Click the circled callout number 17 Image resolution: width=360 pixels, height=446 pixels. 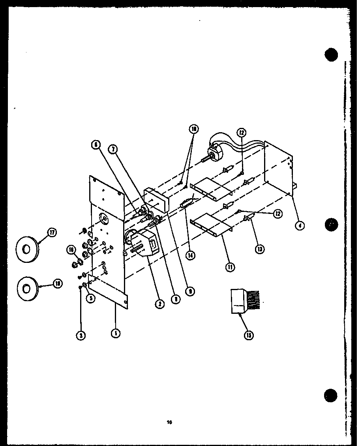coord(51,233)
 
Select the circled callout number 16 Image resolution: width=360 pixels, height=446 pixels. coord(71,249)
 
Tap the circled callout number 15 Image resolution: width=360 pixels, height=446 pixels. coord(249,335)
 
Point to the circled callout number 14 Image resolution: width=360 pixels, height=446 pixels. coord(191,255)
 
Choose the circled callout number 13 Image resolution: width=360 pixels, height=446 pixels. coord(260,249)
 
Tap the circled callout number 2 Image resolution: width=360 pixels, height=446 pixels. coord(160,304)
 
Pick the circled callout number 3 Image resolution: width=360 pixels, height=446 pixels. coord(81,335)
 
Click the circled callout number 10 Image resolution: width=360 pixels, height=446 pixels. coord(194,129)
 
